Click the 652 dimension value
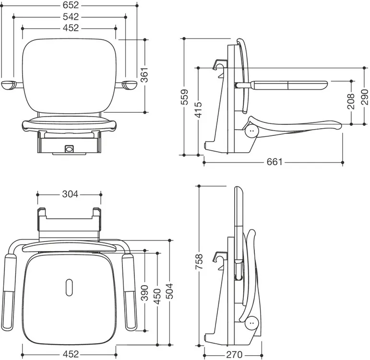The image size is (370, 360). click(71, 5)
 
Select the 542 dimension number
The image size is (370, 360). click(71, 17)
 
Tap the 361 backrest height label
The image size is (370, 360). click(144, 74)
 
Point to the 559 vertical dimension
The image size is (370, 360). click(184, 97)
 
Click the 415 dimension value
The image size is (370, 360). click(199, 109)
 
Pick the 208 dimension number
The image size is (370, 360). click(351, 101)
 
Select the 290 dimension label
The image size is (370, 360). click(365, 97)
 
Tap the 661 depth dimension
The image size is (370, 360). click(275, 162)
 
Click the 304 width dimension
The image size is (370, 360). click(70, 194)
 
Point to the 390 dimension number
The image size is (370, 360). click(144, 293)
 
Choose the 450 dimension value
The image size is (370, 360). click(157, 296)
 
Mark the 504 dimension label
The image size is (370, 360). click(169, 291)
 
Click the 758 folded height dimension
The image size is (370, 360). click(199, 261)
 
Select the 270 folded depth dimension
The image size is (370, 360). click(234, 355)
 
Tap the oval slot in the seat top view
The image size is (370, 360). click(69, 287)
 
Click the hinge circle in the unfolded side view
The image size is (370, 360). click(251, 131)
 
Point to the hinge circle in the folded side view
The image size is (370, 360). click(252, 323)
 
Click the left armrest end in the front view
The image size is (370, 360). click(9, 85)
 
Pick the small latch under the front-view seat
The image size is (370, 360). click(69, 149)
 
